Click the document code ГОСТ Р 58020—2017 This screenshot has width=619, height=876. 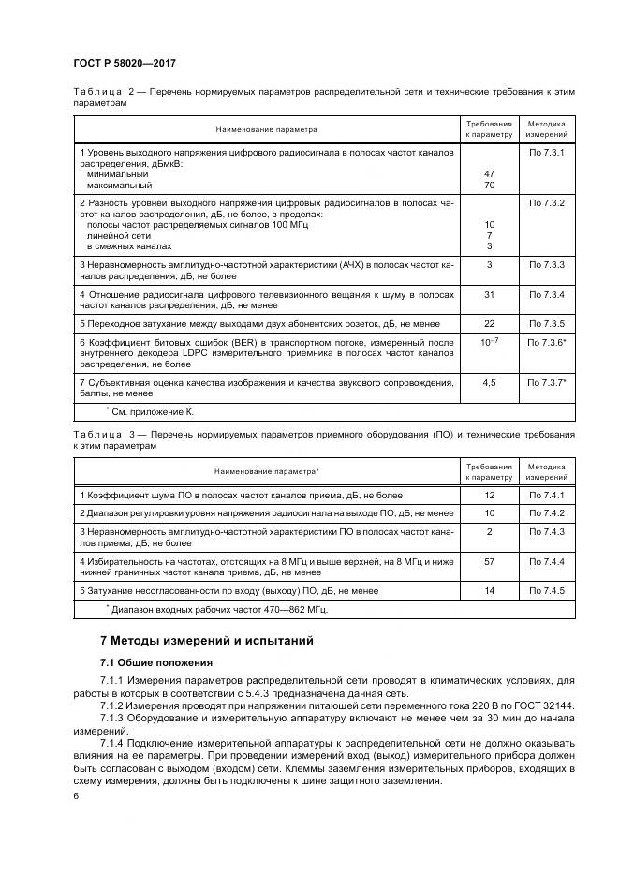point(125,63)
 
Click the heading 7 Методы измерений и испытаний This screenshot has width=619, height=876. point(206,641)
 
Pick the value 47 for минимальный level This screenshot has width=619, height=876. point(489,174)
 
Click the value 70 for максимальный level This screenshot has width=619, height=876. point(489,186)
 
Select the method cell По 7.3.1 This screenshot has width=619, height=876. point(546,152)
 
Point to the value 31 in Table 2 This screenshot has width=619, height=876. point(489,295)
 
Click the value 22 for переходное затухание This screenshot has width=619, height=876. point(489,323)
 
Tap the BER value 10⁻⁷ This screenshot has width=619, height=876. point(489,343)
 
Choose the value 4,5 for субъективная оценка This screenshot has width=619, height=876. point(489,383)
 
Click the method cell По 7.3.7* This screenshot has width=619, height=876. point(547,383)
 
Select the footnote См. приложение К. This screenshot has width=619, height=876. point(152,411)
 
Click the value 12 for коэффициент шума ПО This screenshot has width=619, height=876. point(489,494)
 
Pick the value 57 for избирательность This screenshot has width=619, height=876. point(489,561)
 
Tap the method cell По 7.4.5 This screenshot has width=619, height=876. point(546,591)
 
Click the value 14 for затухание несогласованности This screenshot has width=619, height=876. point(489,591)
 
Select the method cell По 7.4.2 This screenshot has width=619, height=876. point(546,513)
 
